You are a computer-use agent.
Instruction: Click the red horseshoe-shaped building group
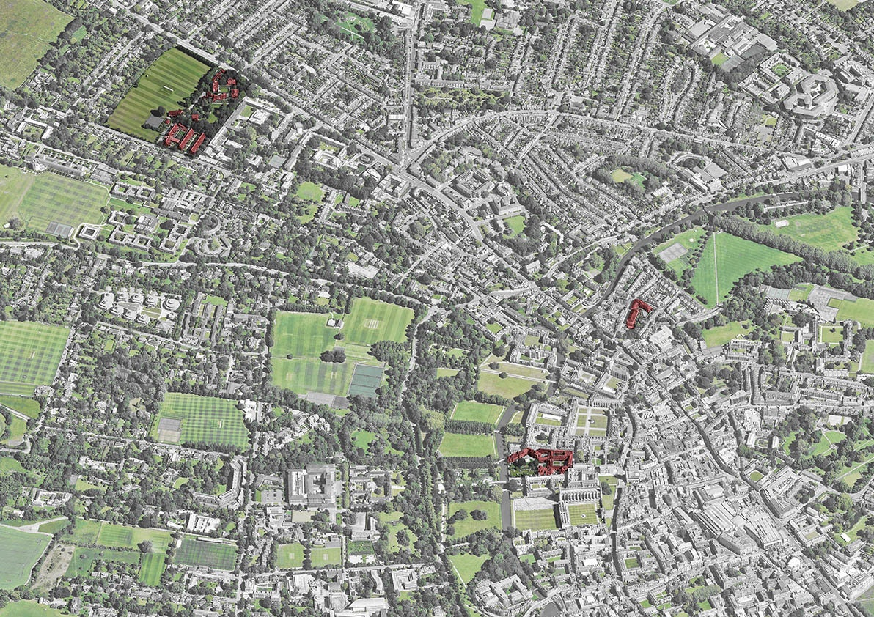click(x=222, y=85)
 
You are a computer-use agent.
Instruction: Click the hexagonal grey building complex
click(x=809, y=92)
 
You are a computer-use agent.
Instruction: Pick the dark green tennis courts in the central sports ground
click(x=366, y=380)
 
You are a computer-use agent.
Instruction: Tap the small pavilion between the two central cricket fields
click(x=337, y=322)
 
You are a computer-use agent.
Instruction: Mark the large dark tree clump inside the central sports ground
click(x=334, y=355)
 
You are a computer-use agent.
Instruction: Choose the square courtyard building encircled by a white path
click(x=88, y=232)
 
